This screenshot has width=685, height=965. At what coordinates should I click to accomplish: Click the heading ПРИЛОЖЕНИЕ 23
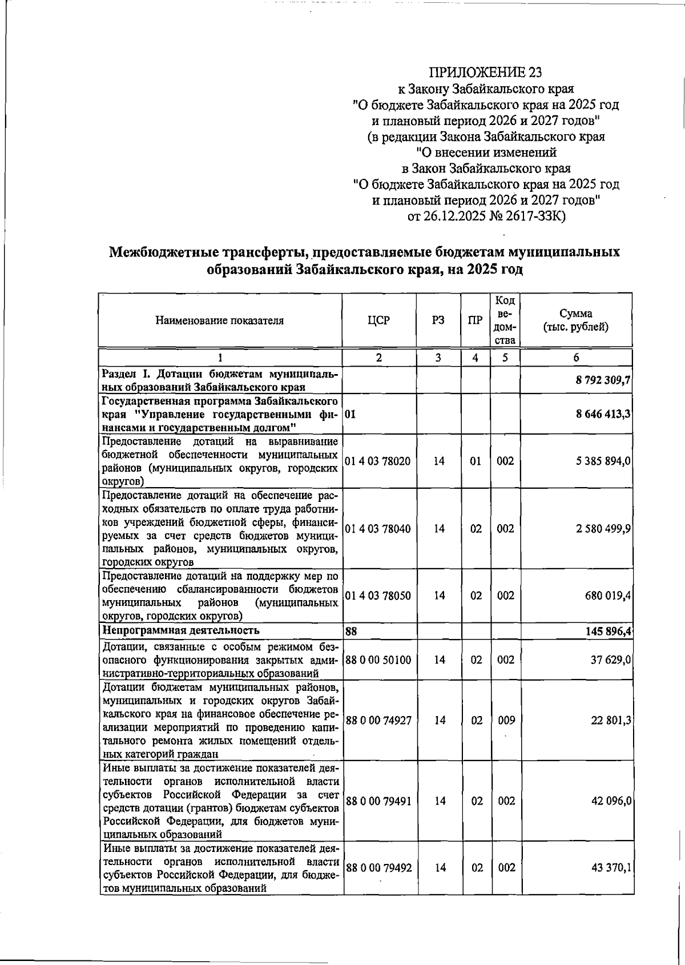coord(485,73)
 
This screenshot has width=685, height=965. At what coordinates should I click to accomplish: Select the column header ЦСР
coord(378,320)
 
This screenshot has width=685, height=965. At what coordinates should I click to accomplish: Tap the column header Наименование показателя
coord(219,320)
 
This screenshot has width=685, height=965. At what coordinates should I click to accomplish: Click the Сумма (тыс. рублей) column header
coord(575,320)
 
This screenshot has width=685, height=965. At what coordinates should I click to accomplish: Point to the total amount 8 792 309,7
coord(603,380)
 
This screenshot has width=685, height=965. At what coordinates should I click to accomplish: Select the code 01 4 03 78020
coord(378,461)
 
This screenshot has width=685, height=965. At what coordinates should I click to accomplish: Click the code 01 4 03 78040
coord(378,529)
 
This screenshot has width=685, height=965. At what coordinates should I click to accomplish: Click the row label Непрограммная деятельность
coord(180,630)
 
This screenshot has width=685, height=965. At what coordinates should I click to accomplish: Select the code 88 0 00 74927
coord(378,720)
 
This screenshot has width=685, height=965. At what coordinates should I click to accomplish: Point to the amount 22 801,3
coord(611,720)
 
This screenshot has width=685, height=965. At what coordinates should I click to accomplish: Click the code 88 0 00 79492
coord(378,867)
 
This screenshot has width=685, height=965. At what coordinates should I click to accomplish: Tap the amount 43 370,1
coord(611,867)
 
